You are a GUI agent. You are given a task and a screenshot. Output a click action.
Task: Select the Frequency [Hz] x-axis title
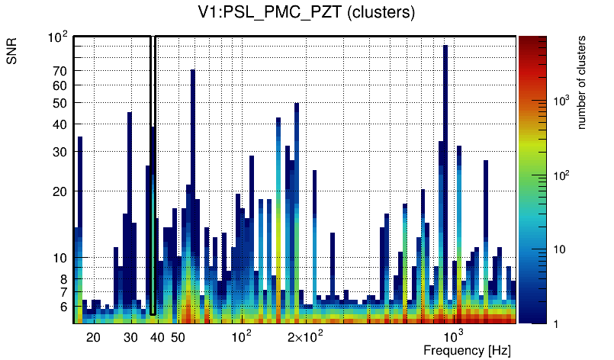tap(467, 350)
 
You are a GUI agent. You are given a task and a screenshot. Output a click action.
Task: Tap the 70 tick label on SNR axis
tap(60, 71)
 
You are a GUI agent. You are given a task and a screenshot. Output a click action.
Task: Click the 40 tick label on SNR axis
tap(60, 124)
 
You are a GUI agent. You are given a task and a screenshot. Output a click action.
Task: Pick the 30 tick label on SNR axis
tap(60, 152)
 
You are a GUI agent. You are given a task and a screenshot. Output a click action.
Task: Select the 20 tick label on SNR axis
tap(60, 191)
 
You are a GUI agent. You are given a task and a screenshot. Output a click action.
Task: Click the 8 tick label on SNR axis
tap(64, 279)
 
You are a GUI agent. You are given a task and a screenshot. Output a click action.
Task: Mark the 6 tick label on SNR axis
tap(64, 307)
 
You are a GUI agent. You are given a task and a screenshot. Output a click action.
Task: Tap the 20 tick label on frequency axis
tap(93, 337)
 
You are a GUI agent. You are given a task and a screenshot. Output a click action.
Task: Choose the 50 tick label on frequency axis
tap(178, 337)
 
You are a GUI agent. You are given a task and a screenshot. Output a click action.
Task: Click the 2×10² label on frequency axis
tap(305, 336)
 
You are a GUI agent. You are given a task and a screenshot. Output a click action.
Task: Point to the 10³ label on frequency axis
tap(454, 336)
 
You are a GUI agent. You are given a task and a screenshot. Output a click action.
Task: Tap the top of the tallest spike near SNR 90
tap(445, 47)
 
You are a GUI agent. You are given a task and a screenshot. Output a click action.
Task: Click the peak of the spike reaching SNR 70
tap(193, 72)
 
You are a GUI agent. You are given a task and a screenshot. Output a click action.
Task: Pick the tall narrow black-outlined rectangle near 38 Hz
tap(153, 175)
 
